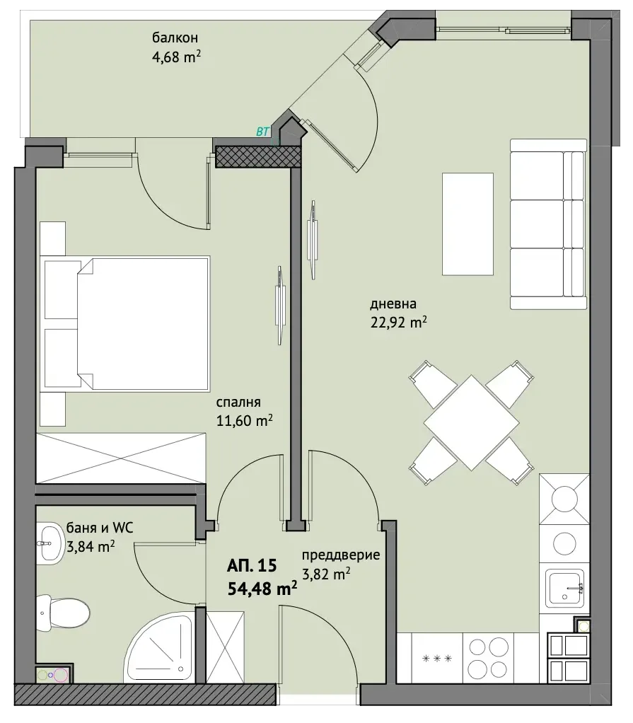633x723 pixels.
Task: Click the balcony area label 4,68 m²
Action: (x=176, y=57)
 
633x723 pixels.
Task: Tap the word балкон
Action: (x=175, y=37)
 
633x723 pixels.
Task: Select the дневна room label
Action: (x=393, y=304)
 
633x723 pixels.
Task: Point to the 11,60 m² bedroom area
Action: (x=244, y=420)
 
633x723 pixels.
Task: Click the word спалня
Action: (x=238, y=402)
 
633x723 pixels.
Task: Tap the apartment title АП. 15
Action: (x=252, y=565)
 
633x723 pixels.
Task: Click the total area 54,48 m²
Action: (x=262, y=589)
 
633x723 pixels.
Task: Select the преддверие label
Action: (x=341, y=555)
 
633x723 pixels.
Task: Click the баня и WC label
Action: (x=100, y=528)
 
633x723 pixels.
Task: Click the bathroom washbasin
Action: (x=50, y=543)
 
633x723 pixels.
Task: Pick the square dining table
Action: (x=471, y=422)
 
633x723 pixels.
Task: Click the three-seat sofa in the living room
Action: (x=548, y=224)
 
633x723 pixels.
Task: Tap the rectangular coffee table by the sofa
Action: (x=468, y=224)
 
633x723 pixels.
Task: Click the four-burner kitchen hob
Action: (x=488, y=657)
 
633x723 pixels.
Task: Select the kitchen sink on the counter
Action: (x=565, y=588)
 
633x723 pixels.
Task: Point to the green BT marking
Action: (x=262, y=132)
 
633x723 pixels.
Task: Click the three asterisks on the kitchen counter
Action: (x=437, y=659)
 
